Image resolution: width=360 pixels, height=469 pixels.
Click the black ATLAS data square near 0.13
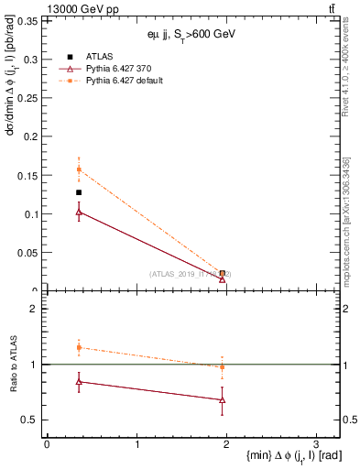(x=79, y=192)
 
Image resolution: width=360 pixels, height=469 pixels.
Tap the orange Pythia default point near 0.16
(x=79, y=169)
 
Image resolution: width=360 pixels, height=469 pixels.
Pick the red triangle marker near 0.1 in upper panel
(x=79, y=212)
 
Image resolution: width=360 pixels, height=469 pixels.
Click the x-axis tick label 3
(x=315, y=444)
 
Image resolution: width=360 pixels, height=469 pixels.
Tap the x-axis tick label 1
(x=136, y=444)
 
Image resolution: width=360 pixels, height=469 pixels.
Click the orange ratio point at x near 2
(x=223, y=367)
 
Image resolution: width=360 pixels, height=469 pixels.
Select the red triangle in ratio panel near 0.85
(x=79, y=381)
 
